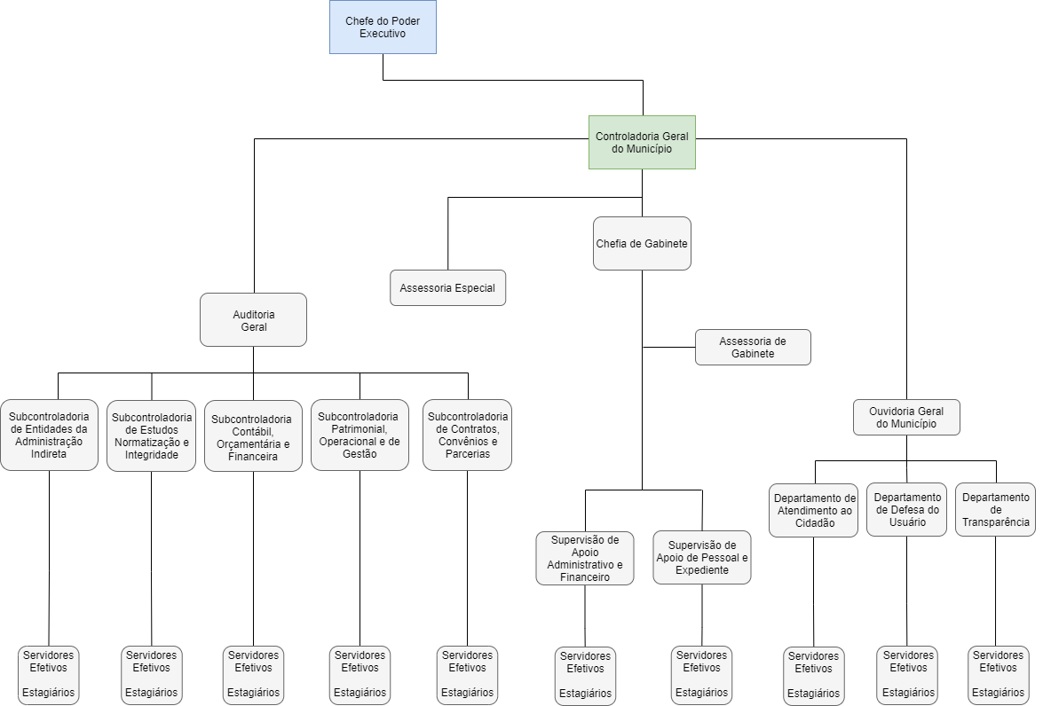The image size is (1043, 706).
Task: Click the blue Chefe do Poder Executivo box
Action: click(x=383, y=27)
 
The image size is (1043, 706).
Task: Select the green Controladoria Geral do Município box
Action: click(x=642, y=142)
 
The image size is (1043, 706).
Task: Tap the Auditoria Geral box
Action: click(x=253, y=319)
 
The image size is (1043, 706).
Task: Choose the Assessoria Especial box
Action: click(x=447, y=288)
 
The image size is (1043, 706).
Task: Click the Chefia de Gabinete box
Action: click(x=642, y=243)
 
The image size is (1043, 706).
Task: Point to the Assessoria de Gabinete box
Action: click(x=753, y=347)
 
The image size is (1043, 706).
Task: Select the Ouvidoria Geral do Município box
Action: click(x=906, y=417)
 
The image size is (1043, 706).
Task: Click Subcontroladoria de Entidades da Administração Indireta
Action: click(x=49, y=435)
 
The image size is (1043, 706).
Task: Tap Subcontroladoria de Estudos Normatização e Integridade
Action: click(x=151, y=435)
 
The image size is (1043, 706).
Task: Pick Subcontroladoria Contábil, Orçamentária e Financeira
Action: click(x=253, y=436)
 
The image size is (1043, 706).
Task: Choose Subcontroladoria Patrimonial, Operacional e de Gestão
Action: click(x=360, y=435)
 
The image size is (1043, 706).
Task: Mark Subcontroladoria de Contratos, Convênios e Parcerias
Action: click(x=468, y=435)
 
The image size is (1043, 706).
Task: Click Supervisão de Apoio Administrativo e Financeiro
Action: click(x=585, y=558)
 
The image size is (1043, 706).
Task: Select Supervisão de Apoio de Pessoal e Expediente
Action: click(x=702, y=557)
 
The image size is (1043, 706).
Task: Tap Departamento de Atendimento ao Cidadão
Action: click(x=813, y=510)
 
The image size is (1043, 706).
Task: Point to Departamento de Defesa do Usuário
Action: click(x=906, y=509)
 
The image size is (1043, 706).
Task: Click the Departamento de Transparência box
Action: click(x=996, y=509)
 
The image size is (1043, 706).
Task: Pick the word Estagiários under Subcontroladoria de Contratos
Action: click(x=468, y=693)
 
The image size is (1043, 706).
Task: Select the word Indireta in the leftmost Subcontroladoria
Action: click(x=49, y=454)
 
